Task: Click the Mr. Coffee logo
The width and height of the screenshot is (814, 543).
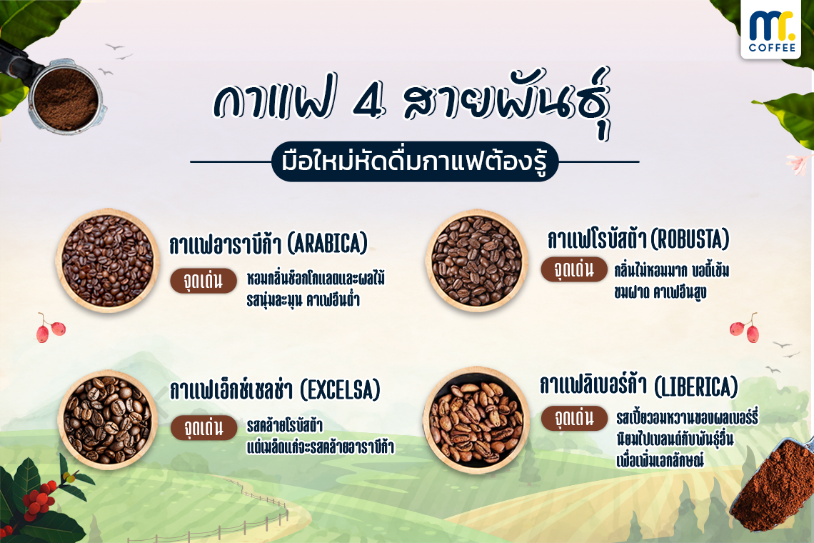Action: click(x=771, y=29)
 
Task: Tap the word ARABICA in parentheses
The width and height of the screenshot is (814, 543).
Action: click(x=328, y=244)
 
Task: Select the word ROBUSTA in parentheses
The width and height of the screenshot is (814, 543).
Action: click(x=690, y=239)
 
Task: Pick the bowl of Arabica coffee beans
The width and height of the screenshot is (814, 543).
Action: click(x=108, y=260)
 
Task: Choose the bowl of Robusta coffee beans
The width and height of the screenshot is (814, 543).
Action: click(x=476, y=261)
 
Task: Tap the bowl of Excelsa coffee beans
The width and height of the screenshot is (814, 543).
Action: click(x=108, y=420)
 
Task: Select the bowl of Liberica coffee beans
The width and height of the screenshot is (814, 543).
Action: click(x=476, y=420)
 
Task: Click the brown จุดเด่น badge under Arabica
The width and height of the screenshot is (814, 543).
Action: click(x=203, y=281)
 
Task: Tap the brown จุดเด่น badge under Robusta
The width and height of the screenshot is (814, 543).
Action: click(x=574, y=269)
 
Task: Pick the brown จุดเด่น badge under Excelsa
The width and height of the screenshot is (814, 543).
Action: click(x=204, y=428)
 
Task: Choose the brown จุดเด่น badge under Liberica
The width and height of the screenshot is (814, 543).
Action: click(x=574, y=418)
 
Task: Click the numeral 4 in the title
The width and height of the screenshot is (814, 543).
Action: click(x=369, y=102)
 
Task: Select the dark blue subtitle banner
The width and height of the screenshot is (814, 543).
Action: click(x=415, y=161)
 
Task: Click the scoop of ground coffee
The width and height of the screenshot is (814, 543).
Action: click(x=773, y=485)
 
